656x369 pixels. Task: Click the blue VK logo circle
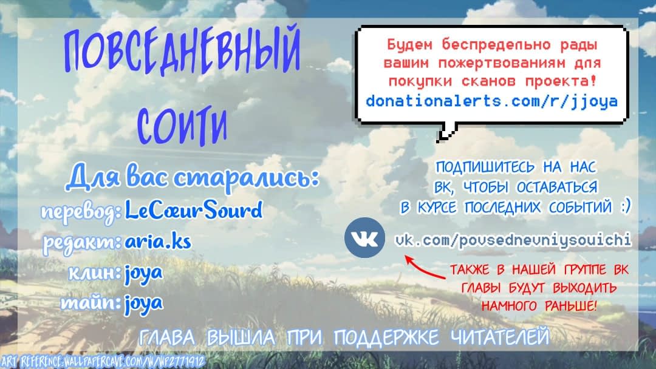click(x=364, y=237)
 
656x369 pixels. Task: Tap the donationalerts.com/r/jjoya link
click(x=491, y=101)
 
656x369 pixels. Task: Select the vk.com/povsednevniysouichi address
click(x=513, y=240)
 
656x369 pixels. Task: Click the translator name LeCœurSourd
click(x=194, y=210)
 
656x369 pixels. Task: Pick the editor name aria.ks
click(x=158, y=241)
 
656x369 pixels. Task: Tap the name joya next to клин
click(x=143, y=274)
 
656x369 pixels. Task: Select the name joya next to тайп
click(x=143, y=304)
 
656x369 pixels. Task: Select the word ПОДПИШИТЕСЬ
click(x=485, y=167)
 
